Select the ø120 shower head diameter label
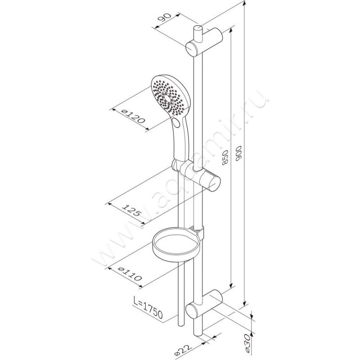[133, 117]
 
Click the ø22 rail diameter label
[183, 350]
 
